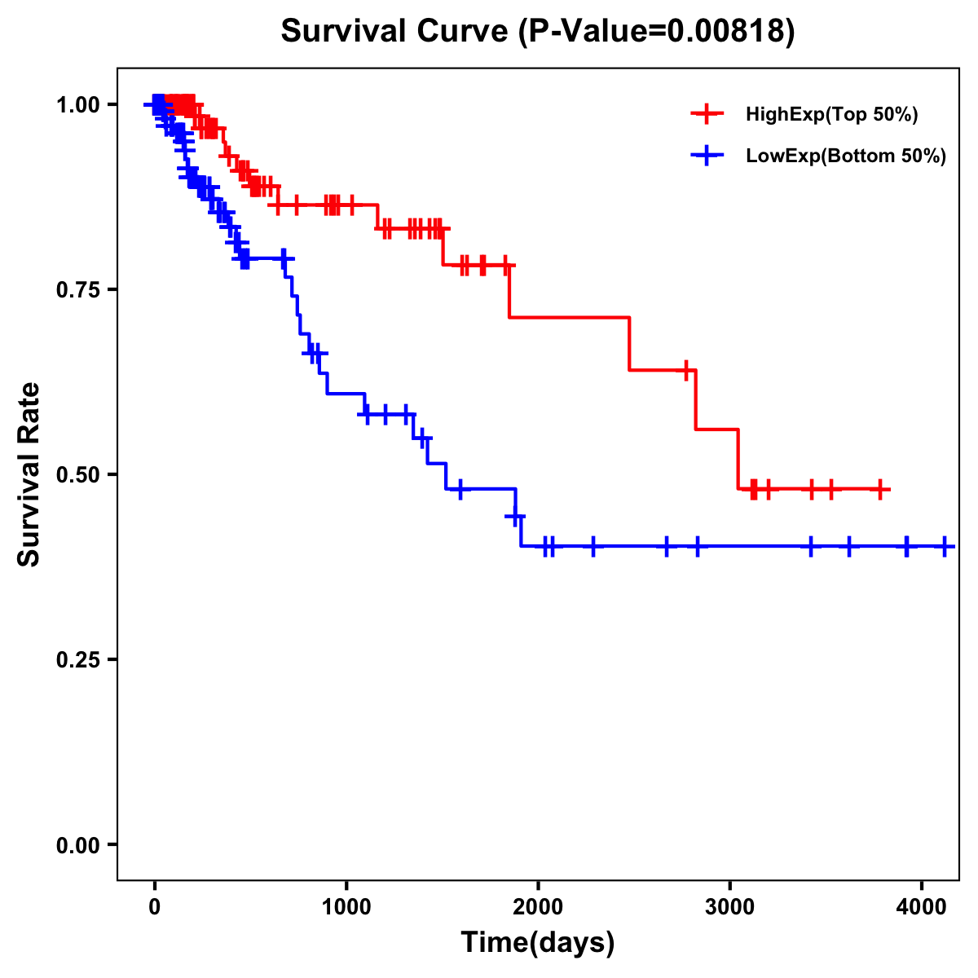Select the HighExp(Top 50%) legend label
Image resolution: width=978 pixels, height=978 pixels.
tap(831, 115)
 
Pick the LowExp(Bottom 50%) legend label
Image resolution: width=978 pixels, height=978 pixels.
tap(846, 156)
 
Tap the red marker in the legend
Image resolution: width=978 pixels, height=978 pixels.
tap(707, 114)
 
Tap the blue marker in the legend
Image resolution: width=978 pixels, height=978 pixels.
tap(707, 156)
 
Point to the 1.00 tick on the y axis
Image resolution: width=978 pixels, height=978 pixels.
tap(77, 104)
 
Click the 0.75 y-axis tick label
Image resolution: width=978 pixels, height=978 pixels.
tap(77, 289)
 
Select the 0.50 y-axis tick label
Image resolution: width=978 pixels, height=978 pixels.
tap(77, 474)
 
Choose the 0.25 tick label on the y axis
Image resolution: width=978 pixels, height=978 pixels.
tap(77, 659)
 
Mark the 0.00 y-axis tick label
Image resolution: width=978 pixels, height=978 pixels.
tap(77, 844)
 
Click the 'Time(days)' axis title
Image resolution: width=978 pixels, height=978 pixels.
tap(538, 943)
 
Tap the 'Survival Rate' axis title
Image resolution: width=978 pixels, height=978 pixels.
tap(30, 474)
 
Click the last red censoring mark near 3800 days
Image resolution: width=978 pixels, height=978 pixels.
tap(879, 489)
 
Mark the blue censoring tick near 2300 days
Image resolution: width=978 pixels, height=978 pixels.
tap(593, 546)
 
